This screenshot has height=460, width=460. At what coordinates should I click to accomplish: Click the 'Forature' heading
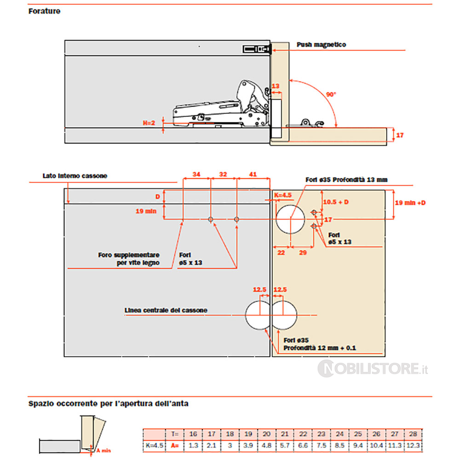click(x=44, y=11)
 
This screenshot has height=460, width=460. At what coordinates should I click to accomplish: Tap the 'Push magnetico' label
click(x=321, y=45)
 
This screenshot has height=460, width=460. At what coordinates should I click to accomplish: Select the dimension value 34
click(x=196, y=174)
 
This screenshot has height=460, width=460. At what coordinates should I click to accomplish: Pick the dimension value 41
click(x=253, y=174)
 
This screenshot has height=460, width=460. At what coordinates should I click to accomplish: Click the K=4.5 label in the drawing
click(x=283, y=195)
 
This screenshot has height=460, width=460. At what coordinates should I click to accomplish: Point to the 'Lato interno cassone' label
click(x=75, y=176)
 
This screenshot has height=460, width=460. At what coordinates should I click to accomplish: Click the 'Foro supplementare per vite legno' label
click(x=129, y=259)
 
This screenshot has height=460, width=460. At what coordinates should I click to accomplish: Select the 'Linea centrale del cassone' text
click(x=166, y=310)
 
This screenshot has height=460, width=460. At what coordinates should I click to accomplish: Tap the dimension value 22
click(x=281, y=253)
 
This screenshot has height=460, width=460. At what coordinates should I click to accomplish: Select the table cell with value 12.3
click(x=413, y=446)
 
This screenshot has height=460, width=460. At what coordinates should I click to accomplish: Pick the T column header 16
click(x=193, y=434)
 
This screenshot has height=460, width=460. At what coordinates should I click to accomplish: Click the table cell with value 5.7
click(x=285, y=446)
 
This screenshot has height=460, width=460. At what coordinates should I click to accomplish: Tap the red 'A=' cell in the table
click(x=175, y=446)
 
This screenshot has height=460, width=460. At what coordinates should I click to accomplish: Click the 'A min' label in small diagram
click(x=103, y=451)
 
